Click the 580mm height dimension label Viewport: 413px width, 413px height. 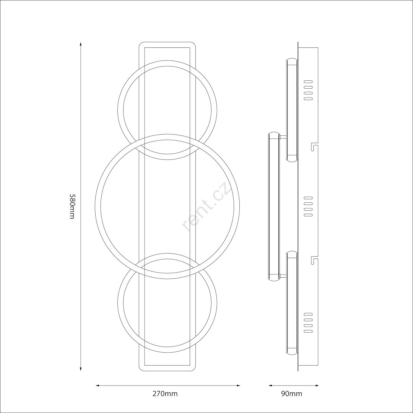click(72, 206)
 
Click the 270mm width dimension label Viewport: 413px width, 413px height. click(165, 394)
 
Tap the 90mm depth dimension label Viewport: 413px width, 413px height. click(292, 394)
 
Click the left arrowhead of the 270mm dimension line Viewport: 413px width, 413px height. click(97, 385)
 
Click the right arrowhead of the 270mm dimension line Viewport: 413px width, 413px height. click(238, 385)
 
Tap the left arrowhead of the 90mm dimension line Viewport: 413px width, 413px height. click(270, 385)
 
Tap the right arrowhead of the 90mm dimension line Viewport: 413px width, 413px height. click(317, 385)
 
